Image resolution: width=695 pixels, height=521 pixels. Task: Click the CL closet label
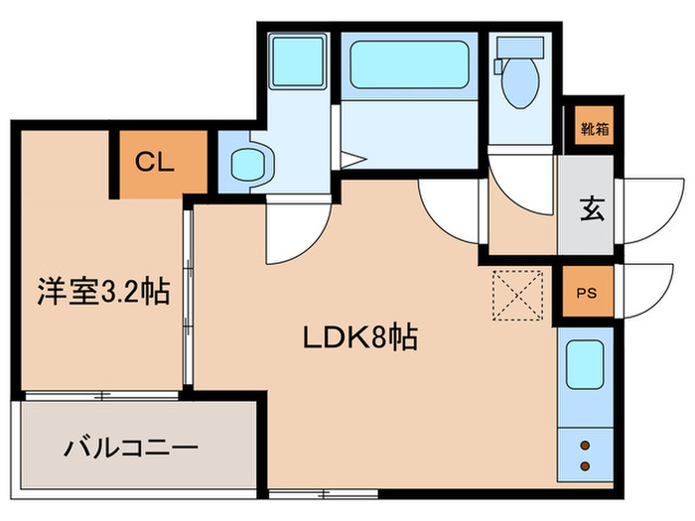(155, 163)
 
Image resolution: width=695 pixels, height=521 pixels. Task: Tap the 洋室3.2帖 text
(103, 292)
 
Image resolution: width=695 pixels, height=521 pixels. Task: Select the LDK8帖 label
(358, 337)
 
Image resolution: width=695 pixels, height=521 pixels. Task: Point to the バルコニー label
(131, 448)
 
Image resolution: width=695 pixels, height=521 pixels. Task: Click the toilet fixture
(517, 79)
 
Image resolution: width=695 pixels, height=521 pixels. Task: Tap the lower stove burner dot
(584, 466)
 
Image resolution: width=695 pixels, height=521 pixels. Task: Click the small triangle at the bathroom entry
(353, 157)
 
